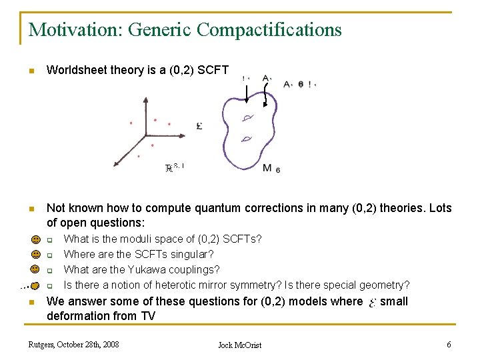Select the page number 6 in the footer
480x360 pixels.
tap(449, 344)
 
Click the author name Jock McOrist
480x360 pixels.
tap(240, 345)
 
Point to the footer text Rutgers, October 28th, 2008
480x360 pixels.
tap(73, 344)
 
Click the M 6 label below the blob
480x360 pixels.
tap(271, 169)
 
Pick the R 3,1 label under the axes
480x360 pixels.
tap(174, 168)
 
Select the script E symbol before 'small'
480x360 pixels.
tap(371, 302)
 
